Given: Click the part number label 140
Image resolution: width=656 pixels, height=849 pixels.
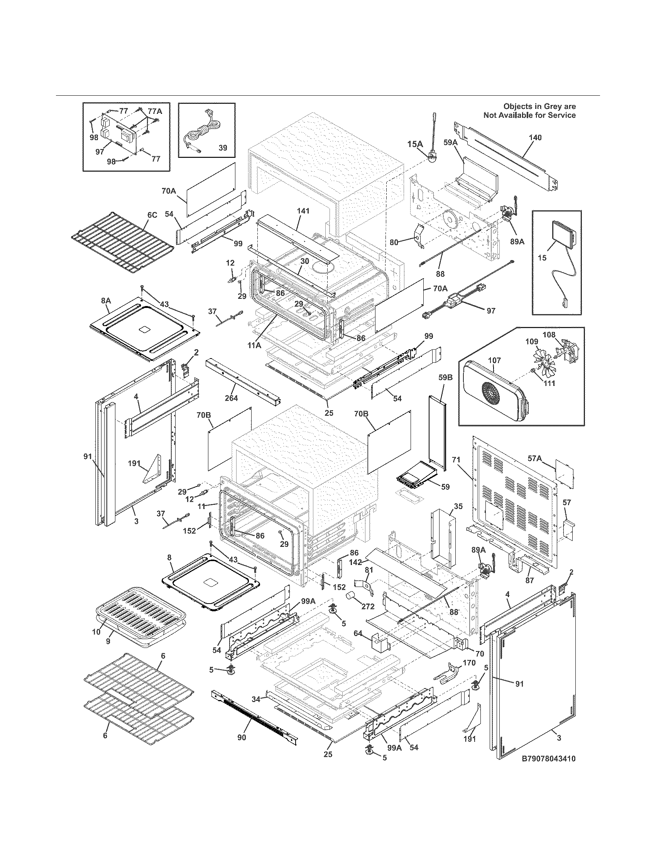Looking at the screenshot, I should click(x=535, y=138).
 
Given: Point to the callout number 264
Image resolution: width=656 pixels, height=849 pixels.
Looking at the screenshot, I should click(x=231, y=397).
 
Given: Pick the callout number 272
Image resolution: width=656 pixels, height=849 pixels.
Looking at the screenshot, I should click(x=368, y=606).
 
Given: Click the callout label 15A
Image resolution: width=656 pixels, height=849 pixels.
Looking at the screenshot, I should click(x=415, y=144).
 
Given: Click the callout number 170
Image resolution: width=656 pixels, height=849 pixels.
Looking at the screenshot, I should click(x=469, y=663).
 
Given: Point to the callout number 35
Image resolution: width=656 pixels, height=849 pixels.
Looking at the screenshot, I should click(x=458, y=506).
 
